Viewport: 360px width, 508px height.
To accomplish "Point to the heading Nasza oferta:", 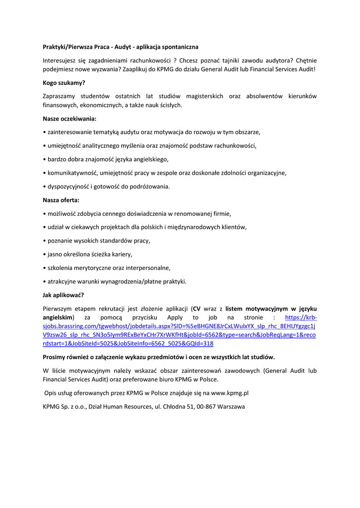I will [61, 200].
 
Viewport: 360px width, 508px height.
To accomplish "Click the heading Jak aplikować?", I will [64, 295].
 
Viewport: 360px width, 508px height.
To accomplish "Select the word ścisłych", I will [170, 105].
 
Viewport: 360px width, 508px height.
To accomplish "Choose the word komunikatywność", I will [72, 173].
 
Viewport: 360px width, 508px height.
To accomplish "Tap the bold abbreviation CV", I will [197, 308].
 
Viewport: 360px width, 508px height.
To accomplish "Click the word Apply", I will [175, 317].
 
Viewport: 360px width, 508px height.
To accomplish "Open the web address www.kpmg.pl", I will [229, 392].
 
